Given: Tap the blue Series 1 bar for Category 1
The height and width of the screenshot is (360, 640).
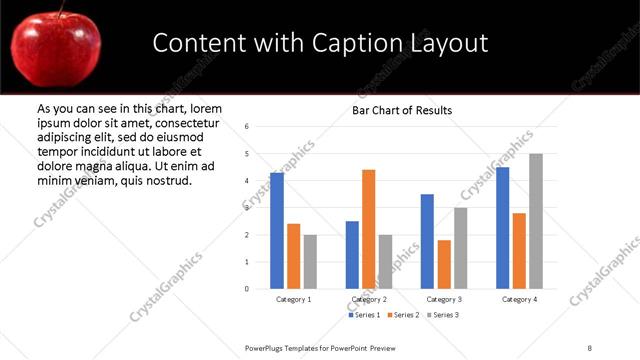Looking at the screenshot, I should pyautogui.click(x=276, y=231).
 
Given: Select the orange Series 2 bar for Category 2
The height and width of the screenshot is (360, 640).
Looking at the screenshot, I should pyautogui.click(x=368, y=229).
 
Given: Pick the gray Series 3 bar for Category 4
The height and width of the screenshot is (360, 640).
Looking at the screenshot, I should pyautogui.click(x=536, y=221).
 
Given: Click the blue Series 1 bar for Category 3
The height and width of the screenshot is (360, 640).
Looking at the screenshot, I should pyautogui.click(x=427, y=241).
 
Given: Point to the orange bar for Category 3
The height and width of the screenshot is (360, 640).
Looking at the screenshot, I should pyautogui.click(x=443, y=264).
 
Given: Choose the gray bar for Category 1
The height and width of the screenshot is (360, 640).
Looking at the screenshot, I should pyautogui.click(x=310, y=262).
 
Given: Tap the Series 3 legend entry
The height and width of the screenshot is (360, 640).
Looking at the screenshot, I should pyautogui.click(x=444, y=315).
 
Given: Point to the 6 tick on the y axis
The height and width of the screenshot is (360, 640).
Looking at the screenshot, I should pyautogui.click(x=247, y=126).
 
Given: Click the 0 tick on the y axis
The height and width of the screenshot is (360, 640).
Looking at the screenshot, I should pyautogui.click(x=247, y=289).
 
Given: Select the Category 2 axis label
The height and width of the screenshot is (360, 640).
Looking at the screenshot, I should pyautogui.click(x=370, y=299).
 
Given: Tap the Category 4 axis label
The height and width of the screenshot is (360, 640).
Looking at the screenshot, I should pyautogui.click(x=519, y=299).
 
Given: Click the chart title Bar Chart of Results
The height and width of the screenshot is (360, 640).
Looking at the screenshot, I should pyautogui.click(x=402, y=109).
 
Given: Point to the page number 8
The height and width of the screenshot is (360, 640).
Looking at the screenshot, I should pyautogui.click(x=590, y=347).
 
